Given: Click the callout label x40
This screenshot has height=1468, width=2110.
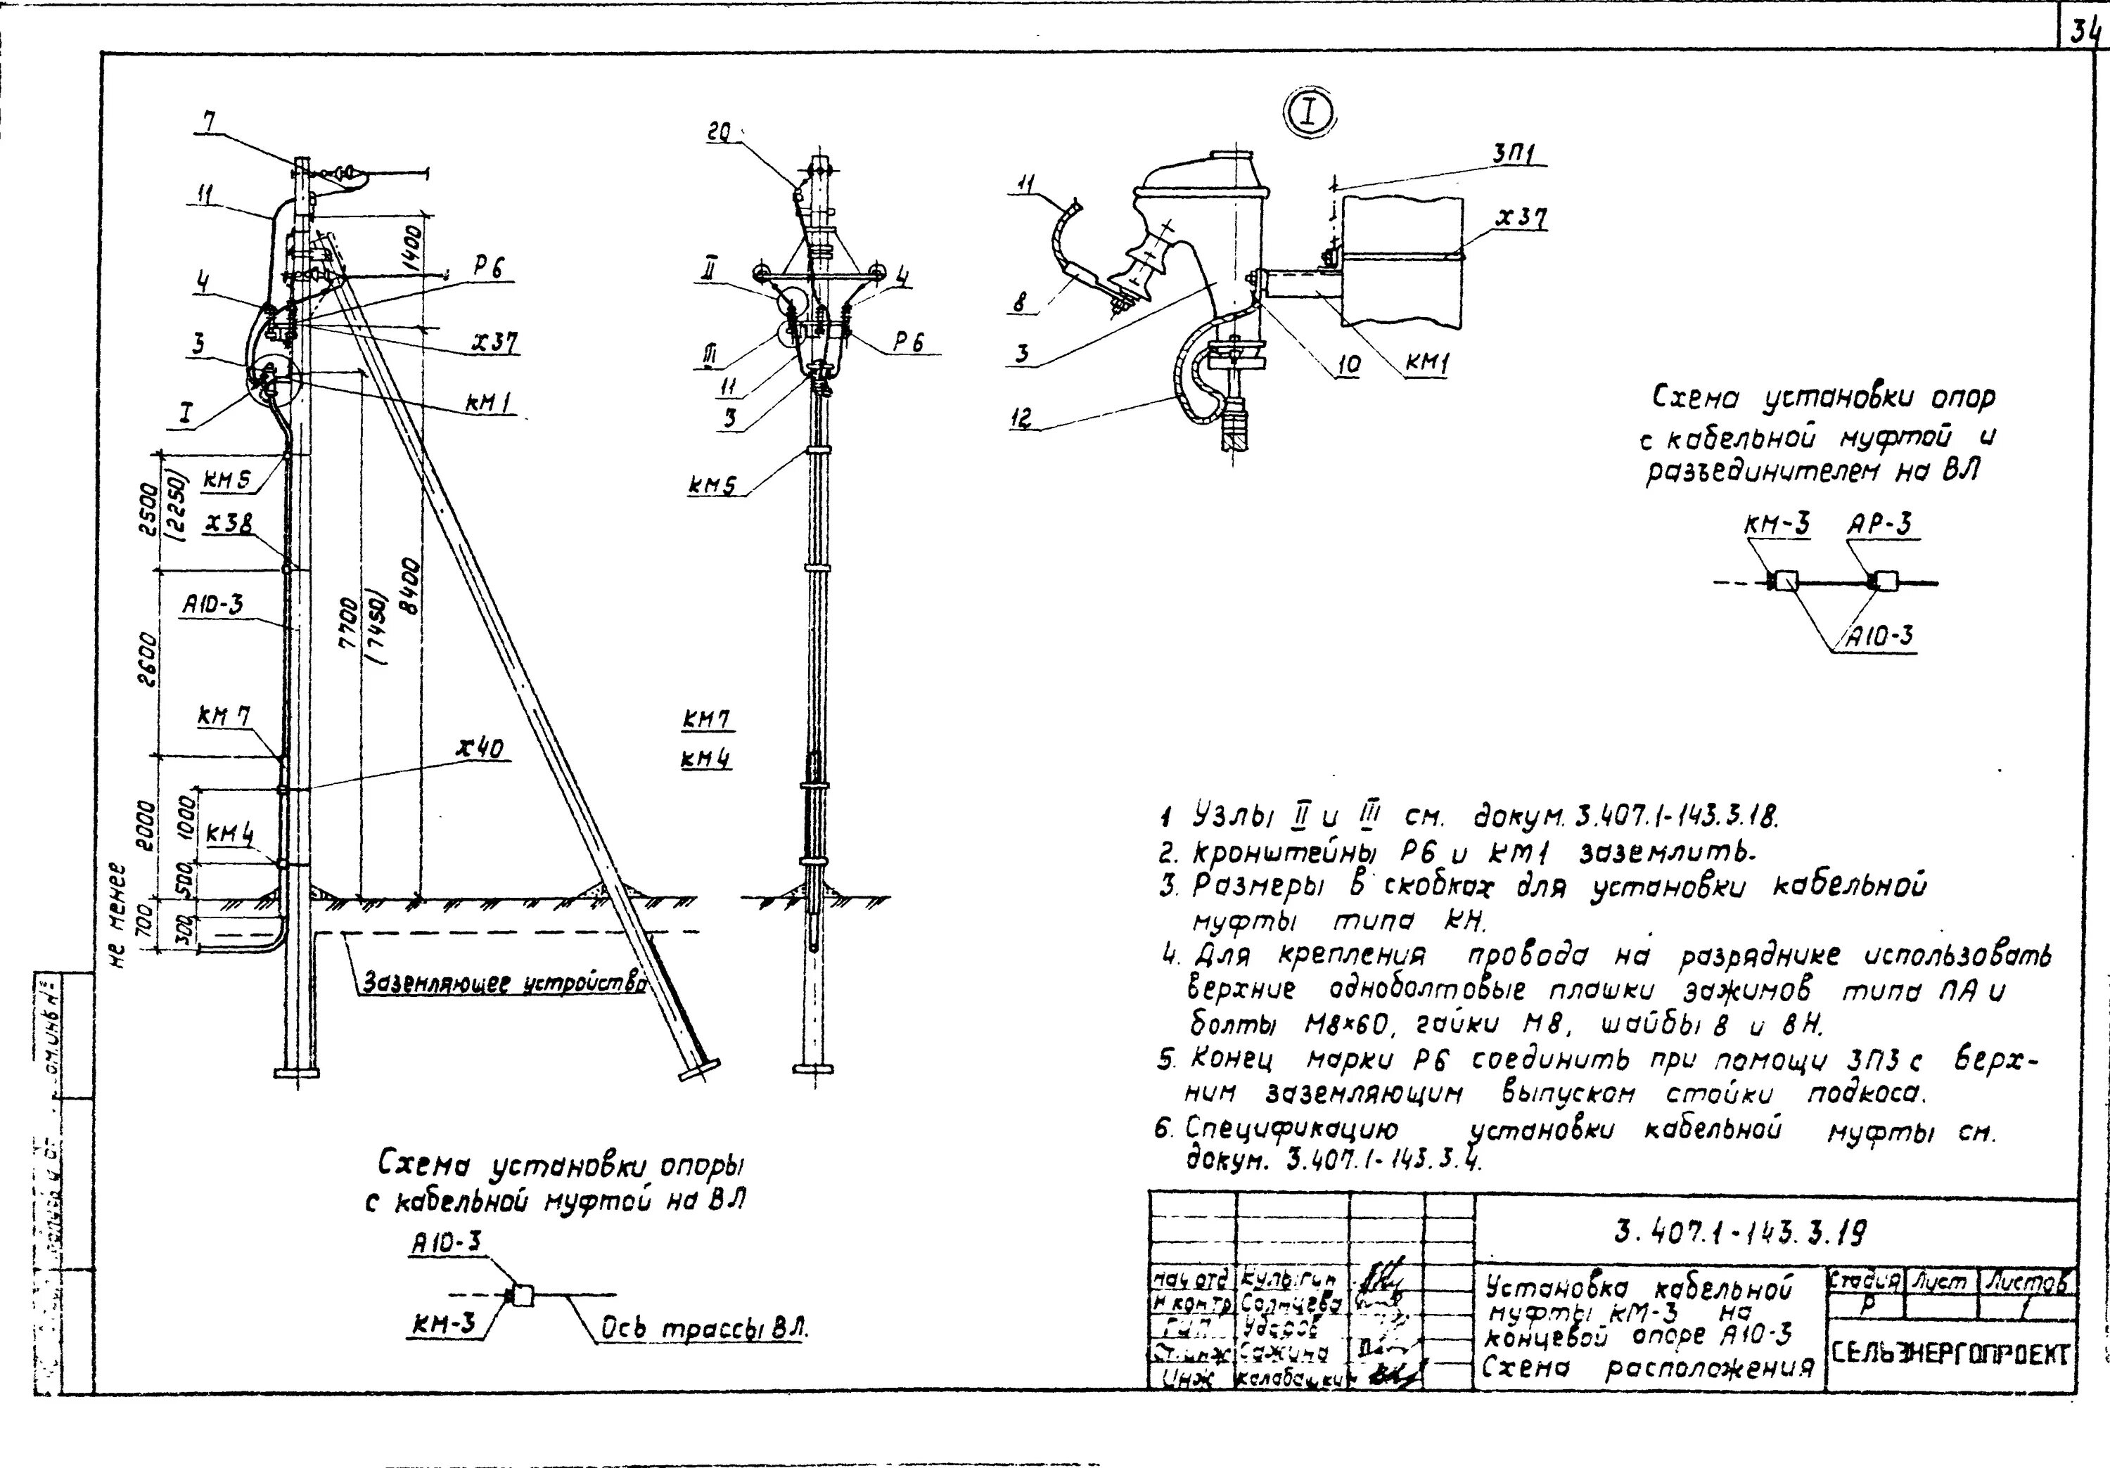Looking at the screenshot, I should click(x=480, y=749).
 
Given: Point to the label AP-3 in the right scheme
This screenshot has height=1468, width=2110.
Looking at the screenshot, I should click(x=1879, y=524).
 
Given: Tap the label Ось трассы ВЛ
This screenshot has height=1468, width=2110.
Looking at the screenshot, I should click(x=703, y=1330).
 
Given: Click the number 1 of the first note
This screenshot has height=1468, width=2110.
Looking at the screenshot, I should click(x=1165, y=816).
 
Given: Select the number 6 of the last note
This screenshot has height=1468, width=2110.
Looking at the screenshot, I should click(x=1163, y=1129).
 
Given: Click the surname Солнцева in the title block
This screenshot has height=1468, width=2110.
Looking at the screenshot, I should click(x=1290, y=1303).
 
